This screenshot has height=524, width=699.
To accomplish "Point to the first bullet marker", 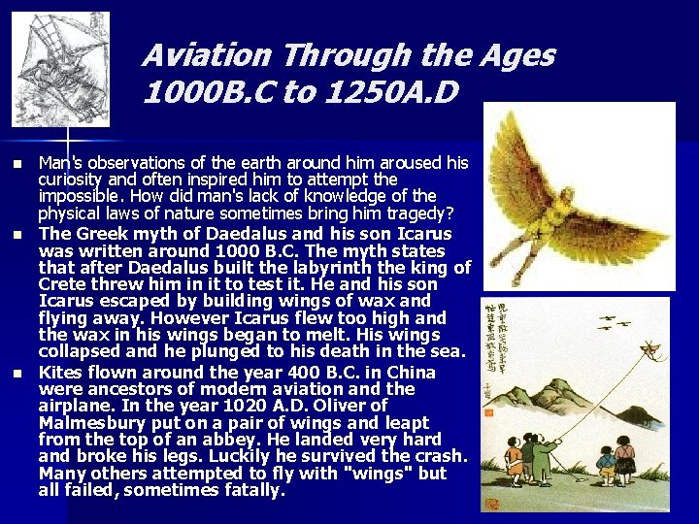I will click(15, 162).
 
